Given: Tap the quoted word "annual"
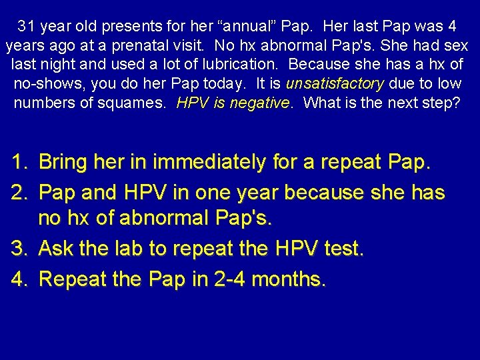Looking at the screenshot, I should click(219, 27).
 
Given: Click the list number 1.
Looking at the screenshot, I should click(18, 161).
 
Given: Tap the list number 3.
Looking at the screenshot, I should click(18, 249).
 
